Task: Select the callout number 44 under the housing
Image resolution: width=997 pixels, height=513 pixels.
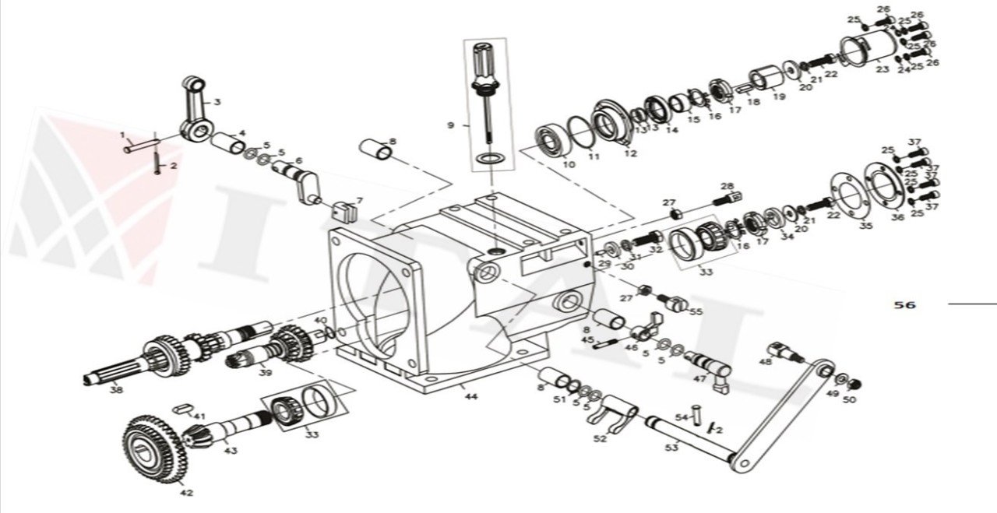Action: (470, 396)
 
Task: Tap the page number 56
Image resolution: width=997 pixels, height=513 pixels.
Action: (904, 305)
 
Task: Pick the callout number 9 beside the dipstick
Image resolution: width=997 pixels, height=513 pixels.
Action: (449, 124)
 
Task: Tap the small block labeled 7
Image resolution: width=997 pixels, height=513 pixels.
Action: (345, 209)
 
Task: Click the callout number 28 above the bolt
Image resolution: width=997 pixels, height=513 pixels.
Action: (727, 186)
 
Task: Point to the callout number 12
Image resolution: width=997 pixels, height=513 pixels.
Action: (631, 153)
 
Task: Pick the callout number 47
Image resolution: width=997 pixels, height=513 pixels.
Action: (699, 378)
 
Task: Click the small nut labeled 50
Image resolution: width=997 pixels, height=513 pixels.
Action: (854, 384)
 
